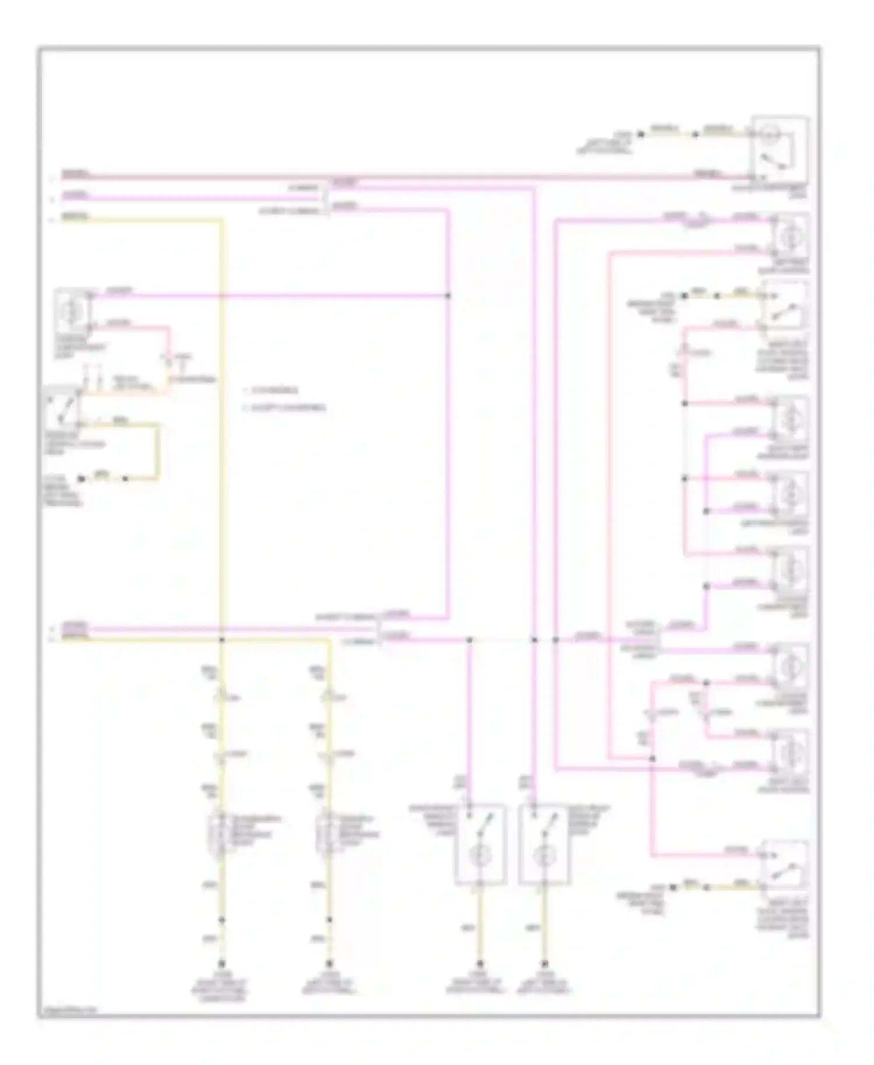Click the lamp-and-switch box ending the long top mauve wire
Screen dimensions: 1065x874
pos(779,149)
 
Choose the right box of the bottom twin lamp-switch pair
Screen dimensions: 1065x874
pos(544,844)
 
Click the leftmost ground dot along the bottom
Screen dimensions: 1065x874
pos(221,964)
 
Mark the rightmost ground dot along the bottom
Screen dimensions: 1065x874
pos(544,964)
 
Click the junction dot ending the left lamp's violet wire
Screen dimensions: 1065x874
pos(448,296)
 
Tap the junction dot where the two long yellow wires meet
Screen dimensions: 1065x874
pos(221,640)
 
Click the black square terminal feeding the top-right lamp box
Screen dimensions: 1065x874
pos(640,135)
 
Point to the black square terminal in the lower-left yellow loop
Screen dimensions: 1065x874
pos(82,479)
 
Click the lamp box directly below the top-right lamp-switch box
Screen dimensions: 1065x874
pos(790,236)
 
